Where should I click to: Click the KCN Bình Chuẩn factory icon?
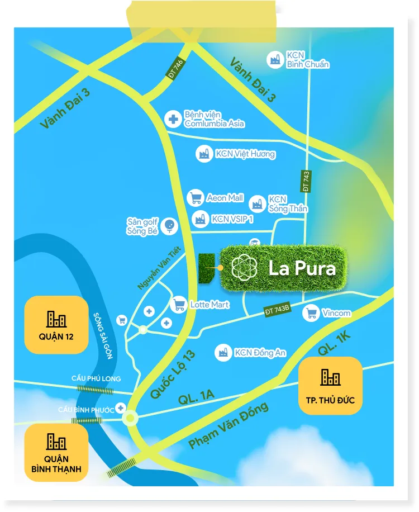pyautogui.click(x=274, y=59)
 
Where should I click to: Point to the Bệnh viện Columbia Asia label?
pyautogui.click(x=215, y=119)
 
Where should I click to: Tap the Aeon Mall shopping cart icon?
pyautogui.click(x=195, y=198)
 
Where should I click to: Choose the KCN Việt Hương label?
pyautogui.click(x=245, y=154)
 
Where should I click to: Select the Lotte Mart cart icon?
pyautogui.click(x=179, y=305)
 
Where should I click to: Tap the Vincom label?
pyautogui.click(x=336, y=313)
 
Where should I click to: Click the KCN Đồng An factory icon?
pyautogui.click(x=223, y=352)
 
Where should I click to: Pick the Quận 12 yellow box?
pyautogui.click(x=56, y=325)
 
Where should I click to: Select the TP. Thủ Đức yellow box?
pyautogui.click(x=330, y=386)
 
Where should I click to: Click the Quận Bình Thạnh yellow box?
pyautogui.click(x=56, y=453)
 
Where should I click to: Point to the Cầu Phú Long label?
pyautogui.click(x=96, y=378)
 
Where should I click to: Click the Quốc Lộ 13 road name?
pyautogui.click(x=174, y=374)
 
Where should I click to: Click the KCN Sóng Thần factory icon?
pyautogui.click(x=258, y=203)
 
